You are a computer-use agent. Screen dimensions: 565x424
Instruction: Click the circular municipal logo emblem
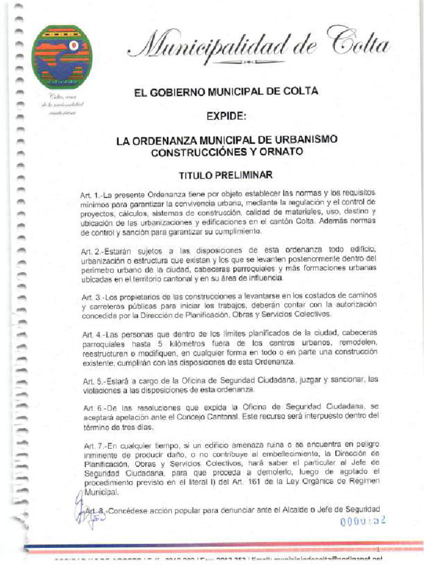[x=61, y=57]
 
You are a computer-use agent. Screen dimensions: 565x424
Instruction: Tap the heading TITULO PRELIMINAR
[x=226, y=175]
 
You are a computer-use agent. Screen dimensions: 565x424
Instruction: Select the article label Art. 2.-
[x=92, y=252]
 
